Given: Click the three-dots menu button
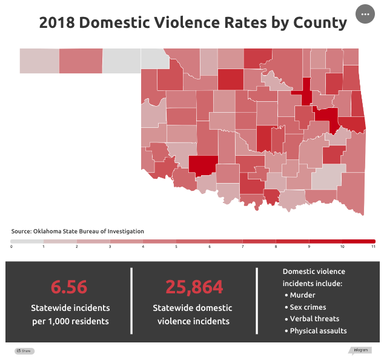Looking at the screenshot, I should (365, 14).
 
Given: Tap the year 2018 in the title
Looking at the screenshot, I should (57, 23).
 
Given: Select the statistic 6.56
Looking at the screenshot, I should (69, 287).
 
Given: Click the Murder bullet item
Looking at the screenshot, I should (302, 295).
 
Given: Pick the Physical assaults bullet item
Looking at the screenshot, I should (318, 331).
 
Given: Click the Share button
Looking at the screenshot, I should (24, 351).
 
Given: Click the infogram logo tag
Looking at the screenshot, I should (360, 350).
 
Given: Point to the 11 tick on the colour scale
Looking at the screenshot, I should (374, 247).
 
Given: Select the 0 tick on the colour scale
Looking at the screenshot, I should (12, 247).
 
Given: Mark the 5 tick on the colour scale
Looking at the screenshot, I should (176, 247).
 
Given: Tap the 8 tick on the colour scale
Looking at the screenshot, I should (275, 247).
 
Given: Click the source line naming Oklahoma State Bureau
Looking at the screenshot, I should (78, 232).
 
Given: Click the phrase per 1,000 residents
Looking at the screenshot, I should (70, 321).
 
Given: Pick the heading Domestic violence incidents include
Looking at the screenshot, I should (314, 278).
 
